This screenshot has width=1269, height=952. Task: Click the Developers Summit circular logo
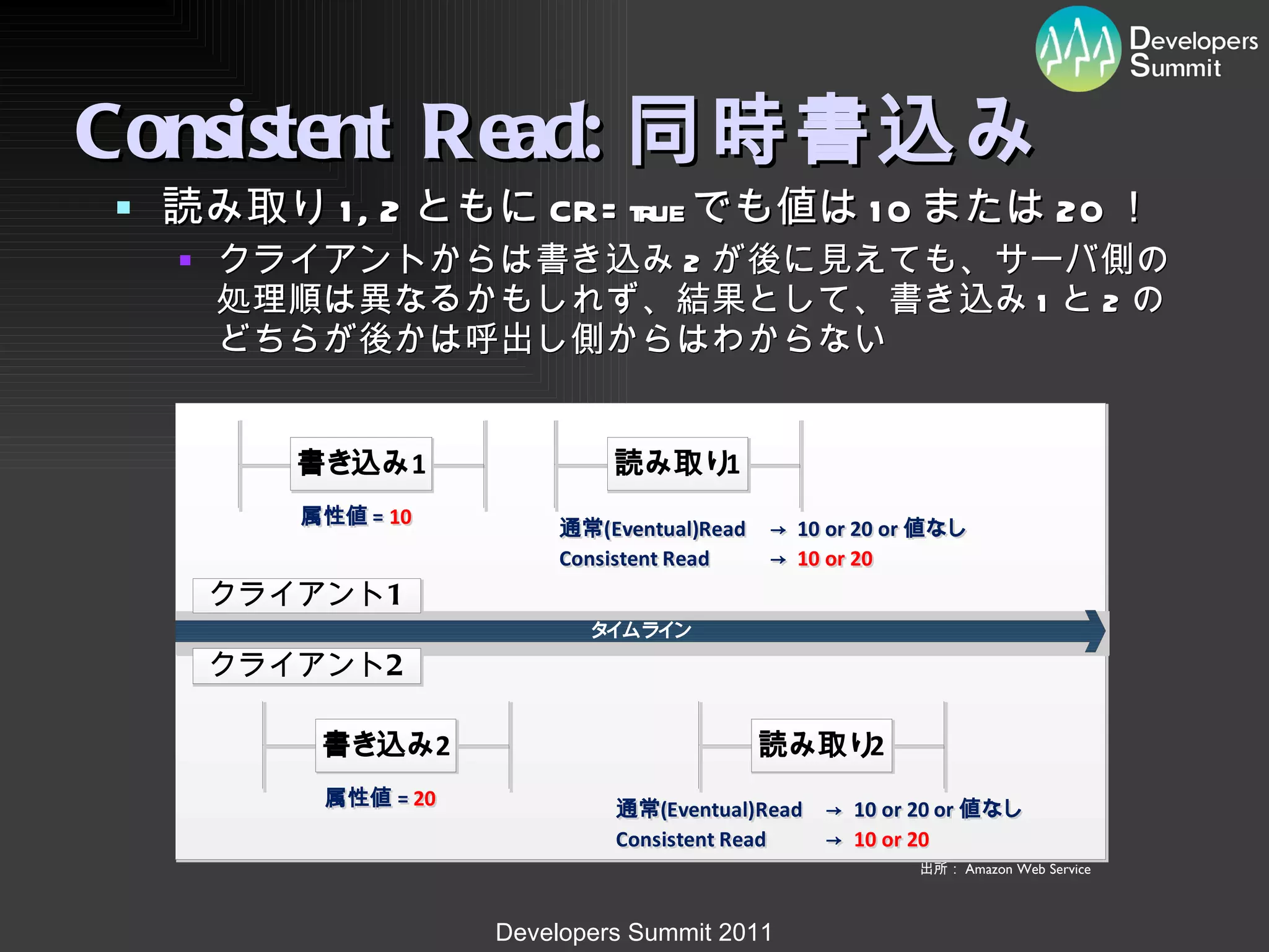click(x=1078, y=49)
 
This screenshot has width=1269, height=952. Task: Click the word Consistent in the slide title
click(x=232, y=131)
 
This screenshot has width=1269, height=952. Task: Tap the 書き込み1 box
click(x=361, y=464)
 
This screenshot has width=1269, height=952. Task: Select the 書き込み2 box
click(x=386, y=745)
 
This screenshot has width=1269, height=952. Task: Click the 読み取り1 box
click(x=678, y=464)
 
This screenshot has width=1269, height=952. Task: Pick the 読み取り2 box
click(x=822, y=745)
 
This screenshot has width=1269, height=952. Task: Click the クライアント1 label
click(x=307, y=595)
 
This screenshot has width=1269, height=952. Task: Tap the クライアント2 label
click(x=307, y=665)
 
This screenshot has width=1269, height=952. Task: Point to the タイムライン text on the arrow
click(x=641, y=630)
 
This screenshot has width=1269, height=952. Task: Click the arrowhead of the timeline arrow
click(x=1096, y=631)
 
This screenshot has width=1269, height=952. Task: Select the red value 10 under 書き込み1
click(x=400, y=517)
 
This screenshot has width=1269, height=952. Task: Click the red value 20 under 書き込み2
click(x=424, y=798)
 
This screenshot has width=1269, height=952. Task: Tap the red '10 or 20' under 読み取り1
click(x=835, y=559)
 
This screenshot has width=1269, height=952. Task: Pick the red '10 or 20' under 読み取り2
click(x=891, y=840)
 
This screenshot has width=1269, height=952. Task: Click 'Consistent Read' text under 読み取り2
click(x=691, y=840)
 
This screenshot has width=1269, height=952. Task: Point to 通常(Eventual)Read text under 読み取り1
click(x=652, y=529)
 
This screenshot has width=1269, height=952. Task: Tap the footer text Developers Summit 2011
click(x=634, y=932)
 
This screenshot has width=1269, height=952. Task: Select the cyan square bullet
click(x=124, y=208)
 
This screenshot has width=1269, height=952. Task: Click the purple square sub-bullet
click(x=185, y=260)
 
